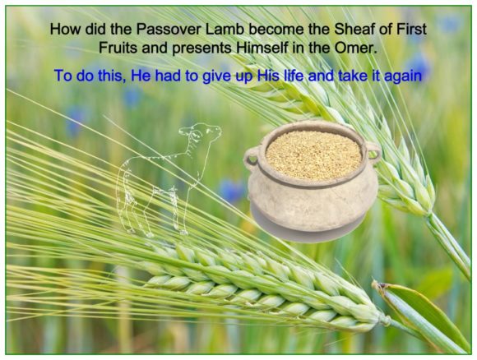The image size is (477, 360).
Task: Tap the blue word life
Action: (x=294, y=76)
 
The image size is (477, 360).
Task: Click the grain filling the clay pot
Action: (x=313, y=155)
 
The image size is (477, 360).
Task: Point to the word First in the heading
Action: (x=411, y=30)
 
